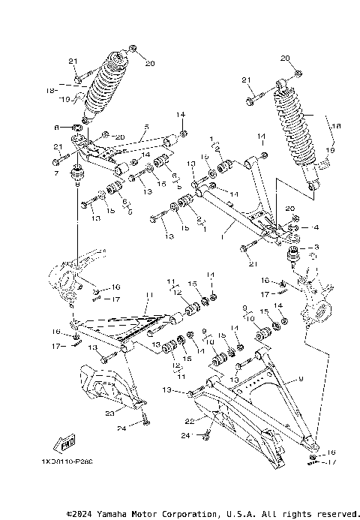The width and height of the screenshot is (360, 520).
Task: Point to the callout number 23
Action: [109, 412]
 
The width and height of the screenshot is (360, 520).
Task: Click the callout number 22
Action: [190, 420]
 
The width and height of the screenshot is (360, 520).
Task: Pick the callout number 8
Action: [55, 128]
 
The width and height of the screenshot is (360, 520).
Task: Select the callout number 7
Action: [55, 173]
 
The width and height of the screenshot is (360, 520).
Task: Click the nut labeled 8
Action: [75, 128]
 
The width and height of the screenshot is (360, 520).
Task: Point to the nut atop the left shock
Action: [132, 50]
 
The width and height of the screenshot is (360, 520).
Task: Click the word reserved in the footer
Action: [328, 513]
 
